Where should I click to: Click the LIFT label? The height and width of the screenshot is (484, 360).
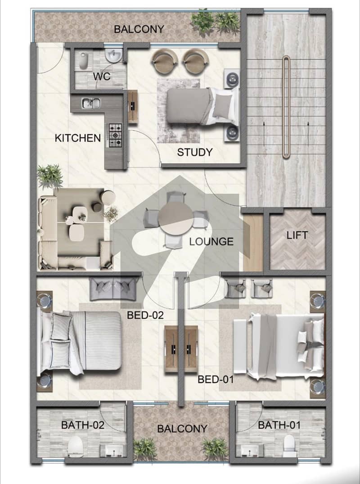[297, 235]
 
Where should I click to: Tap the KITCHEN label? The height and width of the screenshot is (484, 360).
[78, 138]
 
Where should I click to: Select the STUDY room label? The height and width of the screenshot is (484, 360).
[195, 152]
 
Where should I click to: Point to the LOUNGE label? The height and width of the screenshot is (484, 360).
[211, 241]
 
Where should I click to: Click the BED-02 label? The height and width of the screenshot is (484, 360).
[145, 315]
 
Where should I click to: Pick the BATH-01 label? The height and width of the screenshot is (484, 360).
[279, 425]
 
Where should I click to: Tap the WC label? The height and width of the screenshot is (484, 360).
[102, 76]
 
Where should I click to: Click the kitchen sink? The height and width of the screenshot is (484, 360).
[91, 103]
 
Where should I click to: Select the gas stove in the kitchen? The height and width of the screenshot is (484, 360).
[115, 135]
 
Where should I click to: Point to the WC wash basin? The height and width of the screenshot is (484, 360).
[113, 55]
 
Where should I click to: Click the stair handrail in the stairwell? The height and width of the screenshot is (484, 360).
[286, 107]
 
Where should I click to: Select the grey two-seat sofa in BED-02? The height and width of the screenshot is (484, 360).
[113, 289]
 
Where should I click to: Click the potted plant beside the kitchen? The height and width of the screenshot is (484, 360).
[49, 176]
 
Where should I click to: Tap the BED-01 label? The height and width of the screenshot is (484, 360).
[216, 379]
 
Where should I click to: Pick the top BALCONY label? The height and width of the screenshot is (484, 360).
[139, 29]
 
